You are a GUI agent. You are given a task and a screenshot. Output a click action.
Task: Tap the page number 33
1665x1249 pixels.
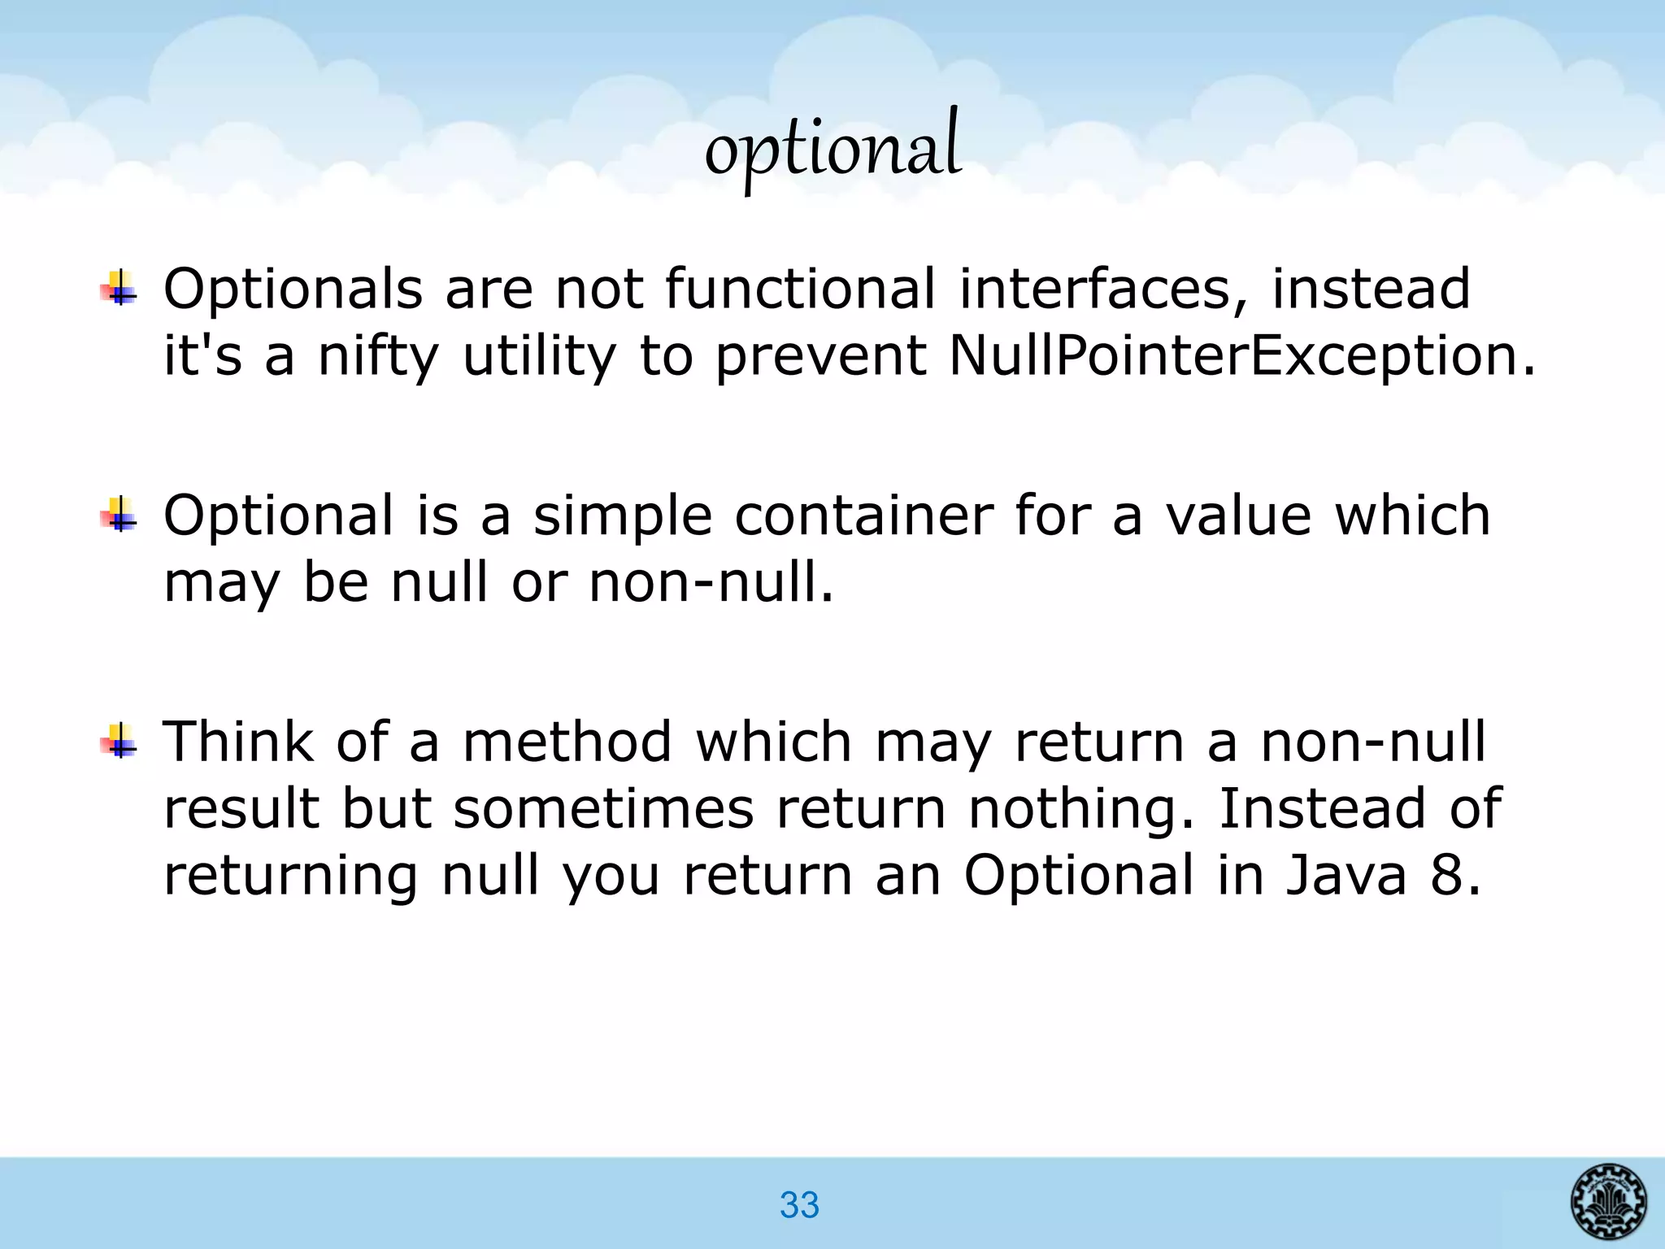click(799, 1204)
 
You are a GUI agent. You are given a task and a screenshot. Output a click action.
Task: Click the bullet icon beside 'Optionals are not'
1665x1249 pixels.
click(120, 288)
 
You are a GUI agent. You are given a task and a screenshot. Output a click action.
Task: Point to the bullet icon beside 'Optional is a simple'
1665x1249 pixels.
click(120, 514)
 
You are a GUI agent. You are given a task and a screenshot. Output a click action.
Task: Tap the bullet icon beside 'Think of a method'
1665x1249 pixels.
click(120, 740)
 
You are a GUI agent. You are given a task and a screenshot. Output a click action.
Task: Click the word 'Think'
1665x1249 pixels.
click(238, 741)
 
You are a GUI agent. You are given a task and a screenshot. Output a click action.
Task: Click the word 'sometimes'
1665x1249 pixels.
click(603, 809)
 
